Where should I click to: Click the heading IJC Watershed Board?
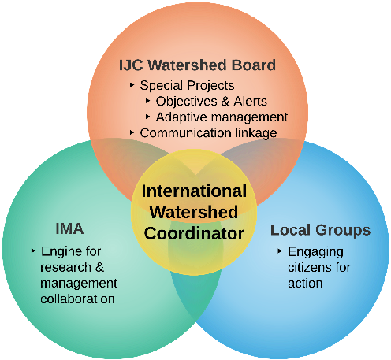(x=197, y=65)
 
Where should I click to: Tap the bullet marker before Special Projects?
(x=132, y=85)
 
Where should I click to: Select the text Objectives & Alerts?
(x=211, y=101)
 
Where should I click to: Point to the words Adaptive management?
(x=222, y=117)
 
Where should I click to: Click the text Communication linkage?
(x=208, y=133)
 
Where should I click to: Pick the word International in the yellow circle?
(x=194, y=191)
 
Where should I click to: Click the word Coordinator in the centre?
(x=194, y=233)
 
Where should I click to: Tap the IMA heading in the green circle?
(x=69, y=228)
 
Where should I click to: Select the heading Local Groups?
(x=320, y=230)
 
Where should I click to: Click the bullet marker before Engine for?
(x=33, y=251)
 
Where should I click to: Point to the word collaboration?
(x=77, y=299)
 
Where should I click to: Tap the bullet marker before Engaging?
(x=280, y=251)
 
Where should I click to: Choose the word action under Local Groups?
(x=305, y=284)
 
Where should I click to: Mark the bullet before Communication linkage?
(x=132, y=132)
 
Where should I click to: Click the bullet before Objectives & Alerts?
(x=147, y=101)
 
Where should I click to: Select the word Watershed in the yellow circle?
(x=194, y=212)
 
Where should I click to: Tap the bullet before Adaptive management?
(x=147, y=117)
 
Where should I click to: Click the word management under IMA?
(x=79, y=284)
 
